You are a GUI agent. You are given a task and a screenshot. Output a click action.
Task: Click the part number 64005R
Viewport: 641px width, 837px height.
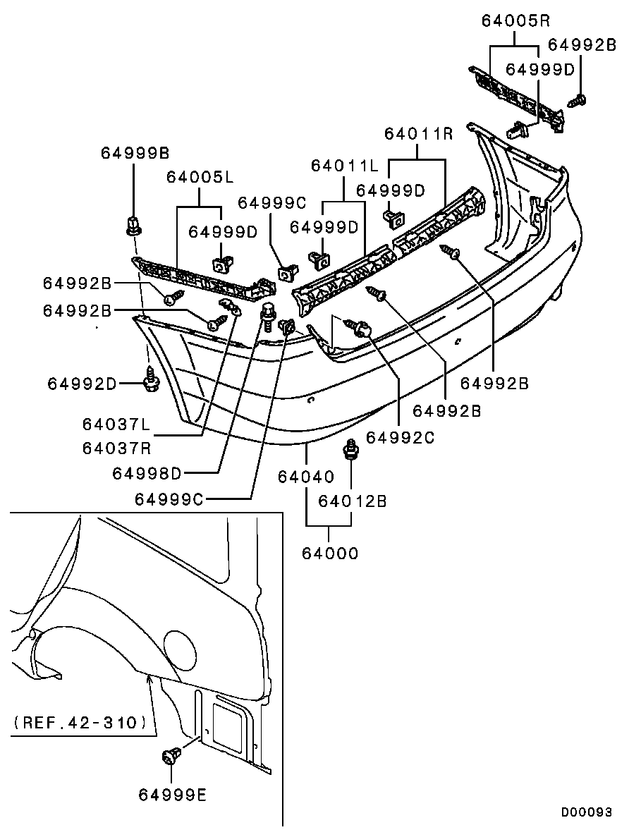[x=515, y=20]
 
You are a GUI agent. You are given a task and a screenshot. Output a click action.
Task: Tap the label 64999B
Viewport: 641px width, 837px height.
[x=134, y=152]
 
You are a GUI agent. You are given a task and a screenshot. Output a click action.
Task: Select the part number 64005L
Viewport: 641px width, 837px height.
[x=200, y=177]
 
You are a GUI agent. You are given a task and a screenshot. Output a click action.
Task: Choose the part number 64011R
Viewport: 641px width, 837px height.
[x=418, y=133]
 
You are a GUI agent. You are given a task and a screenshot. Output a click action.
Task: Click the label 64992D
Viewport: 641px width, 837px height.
[x=82, y=384]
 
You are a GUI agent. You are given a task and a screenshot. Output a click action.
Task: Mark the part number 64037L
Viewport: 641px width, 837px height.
[x=116, y=424]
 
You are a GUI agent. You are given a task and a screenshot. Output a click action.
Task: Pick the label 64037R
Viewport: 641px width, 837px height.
[x=116, y=448]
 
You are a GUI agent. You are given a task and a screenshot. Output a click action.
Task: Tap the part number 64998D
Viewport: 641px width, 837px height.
[x=147, y=473]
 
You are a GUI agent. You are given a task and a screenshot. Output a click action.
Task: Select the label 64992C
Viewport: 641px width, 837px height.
[x=399, y=437]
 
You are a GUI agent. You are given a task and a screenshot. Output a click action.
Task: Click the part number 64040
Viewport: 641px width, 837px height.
[x=305, y=477]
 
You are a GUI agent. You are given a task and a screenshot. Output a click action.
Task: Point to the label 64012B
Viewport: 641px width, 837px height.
[x=353, y=501]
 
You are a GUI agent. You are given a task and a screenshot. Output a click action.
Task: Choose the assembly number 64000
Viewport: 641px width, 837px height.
[x=330, y=554]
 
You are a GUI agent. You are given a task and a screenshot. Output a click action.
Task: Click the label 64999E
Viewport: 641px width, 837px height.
[x=173, y=795]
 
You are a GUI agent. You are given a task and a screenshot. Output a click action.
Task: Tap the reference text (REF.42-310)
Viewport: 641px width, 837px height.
[x=80, y=722]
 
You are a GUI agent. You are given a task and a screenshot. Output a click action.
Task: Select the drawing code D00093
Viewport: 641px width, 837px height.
[x=586, y=812]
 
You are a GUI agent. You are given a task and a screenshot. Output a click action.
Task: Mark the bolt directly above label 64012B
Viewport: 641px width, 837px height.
[x=350, y=448]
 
